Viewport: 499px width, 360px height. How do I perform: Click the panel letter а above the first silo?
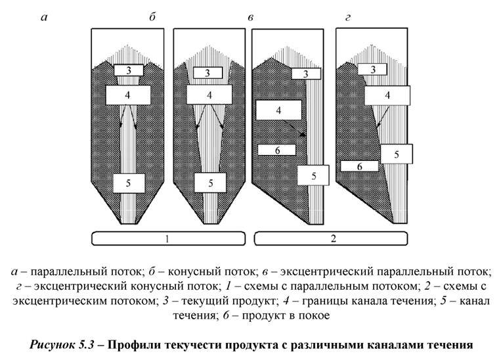coord(44,18)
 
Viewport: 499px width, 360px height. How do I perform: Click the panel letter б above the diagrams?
coord(152,18)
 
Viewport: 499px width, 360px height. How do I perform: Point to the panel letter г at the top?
coord(347,18)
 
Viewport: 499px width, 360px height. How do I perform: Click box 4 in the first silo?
coord(127,94)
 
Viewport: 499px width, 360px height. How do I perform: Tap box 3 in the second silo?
coord(208,73)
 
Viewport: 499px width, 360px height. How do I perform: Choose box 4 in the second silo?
coord(209,95)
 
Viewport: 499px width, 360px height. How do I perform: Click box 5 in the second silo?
coord(211,183)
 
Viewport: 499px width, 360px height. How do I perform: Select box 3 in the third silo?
coord(307,74)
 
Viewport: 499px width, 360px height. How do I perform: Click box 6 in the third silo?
coord(277,150)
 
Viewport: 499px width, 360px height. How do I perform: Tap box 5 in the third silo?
coord(313,175)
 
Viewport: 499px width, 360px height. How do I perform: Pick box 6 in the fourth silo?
coord(359,167)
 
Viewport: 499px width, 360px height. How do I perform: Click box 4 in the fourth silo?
coord(387,95)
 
